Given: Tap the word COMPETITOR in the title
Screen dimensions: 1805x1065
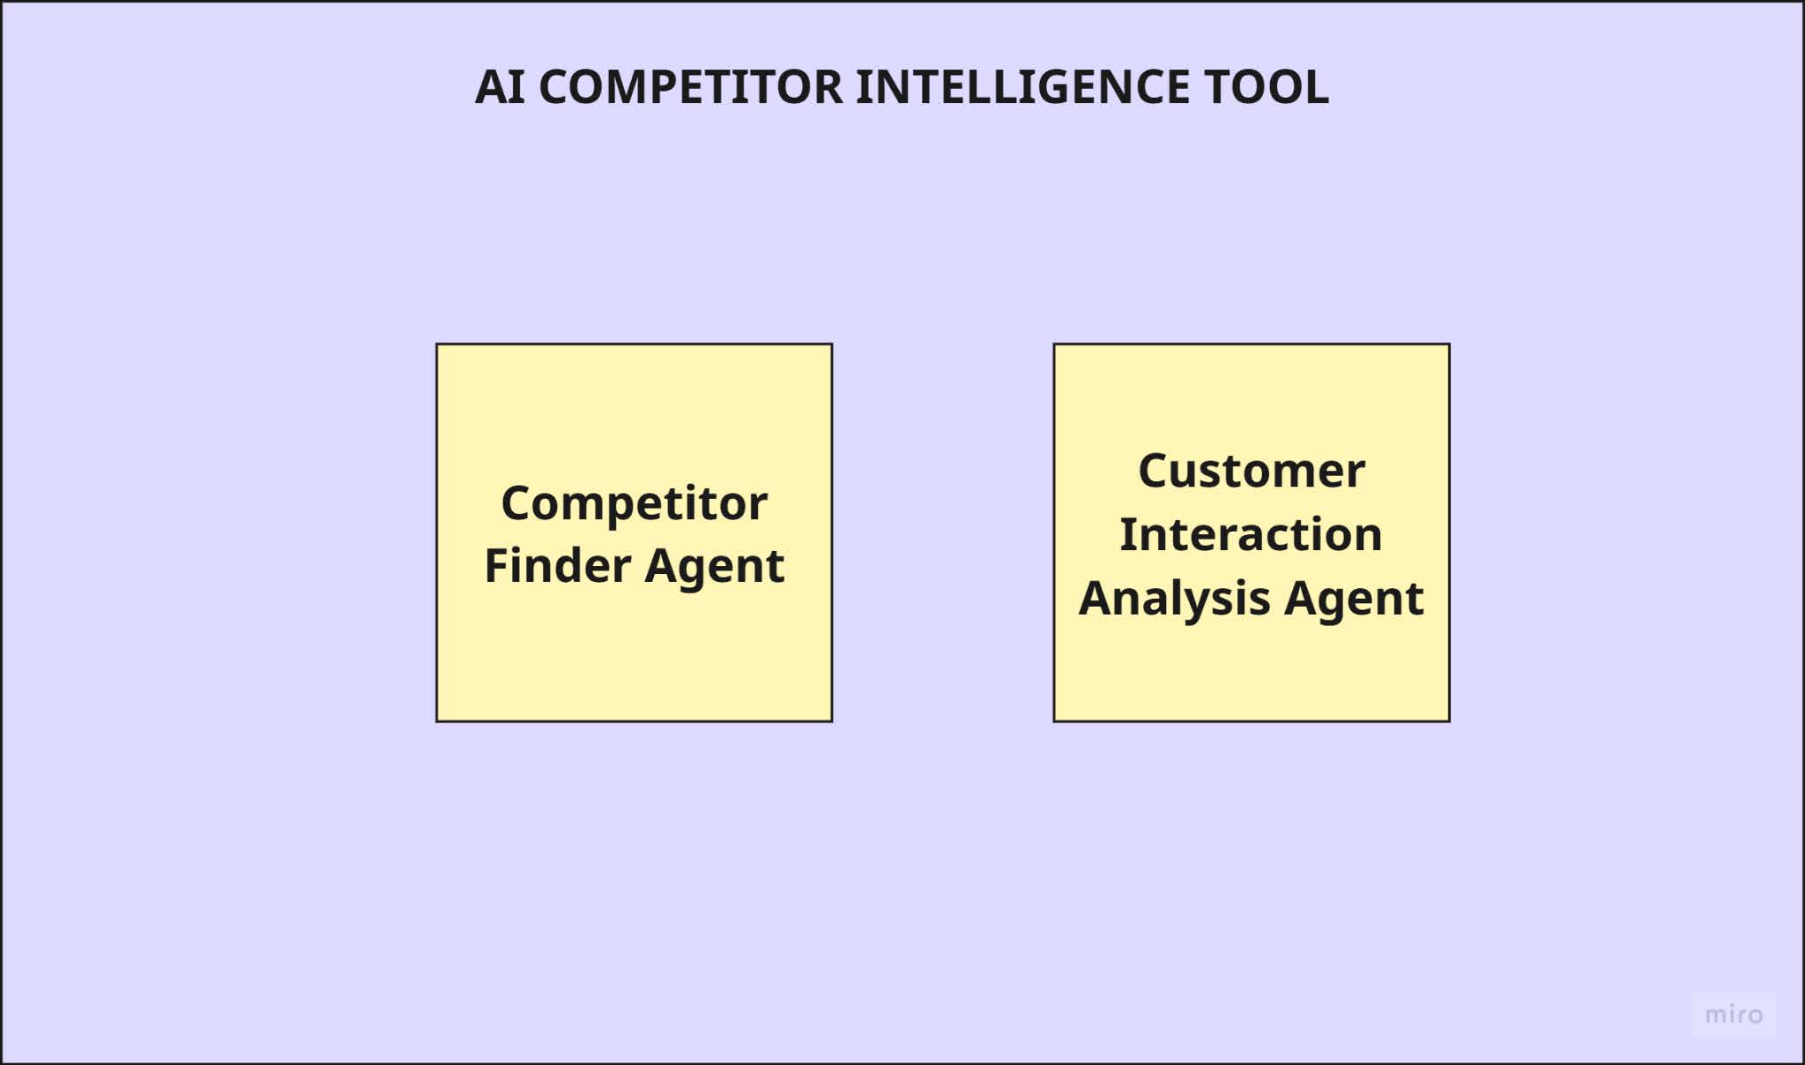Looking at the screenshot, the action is [691, 87].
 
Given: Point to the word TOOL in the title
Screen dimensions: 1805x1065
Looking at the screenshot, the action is [1266, 87].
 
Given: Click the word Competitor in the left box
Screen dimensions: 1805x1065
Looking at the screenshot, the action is [634, 504].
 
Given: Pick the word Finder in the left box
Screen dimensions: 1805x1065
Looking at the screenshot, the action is [558, 565].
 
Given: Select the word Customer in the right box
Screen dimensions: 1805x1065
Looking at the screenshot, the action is [1252, 471].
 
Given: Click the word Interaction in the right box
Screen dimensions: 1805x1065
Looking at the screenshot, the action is [1251, 534].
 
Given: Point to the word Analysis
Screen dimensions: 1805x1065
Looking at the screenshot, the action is [1175, 600].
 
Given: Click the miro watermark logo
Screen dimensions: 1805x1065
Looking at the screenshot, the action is [1734, 1015].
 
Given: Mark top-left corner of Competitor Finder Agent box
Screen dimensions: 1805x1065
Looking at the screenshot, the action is [437, 345].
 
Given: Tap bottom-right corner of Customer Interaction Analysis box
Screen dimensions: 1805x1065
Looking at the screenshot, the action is [1449, 721].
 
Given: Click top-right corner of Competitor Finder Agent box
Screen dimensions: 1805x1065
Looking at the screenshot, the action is [831, 345].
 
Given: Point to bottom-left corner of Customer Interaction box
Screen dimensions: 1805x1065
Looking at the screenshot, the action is [1055, 721].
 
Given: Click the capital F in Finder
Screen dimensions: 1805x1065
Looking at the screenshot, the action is [498, 565].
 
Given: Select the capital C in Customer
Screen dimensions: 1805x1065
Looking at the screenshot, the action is [1155, 471].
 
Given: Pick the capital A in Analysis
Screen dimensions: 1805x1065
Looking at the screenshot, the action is [1097, 598].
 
